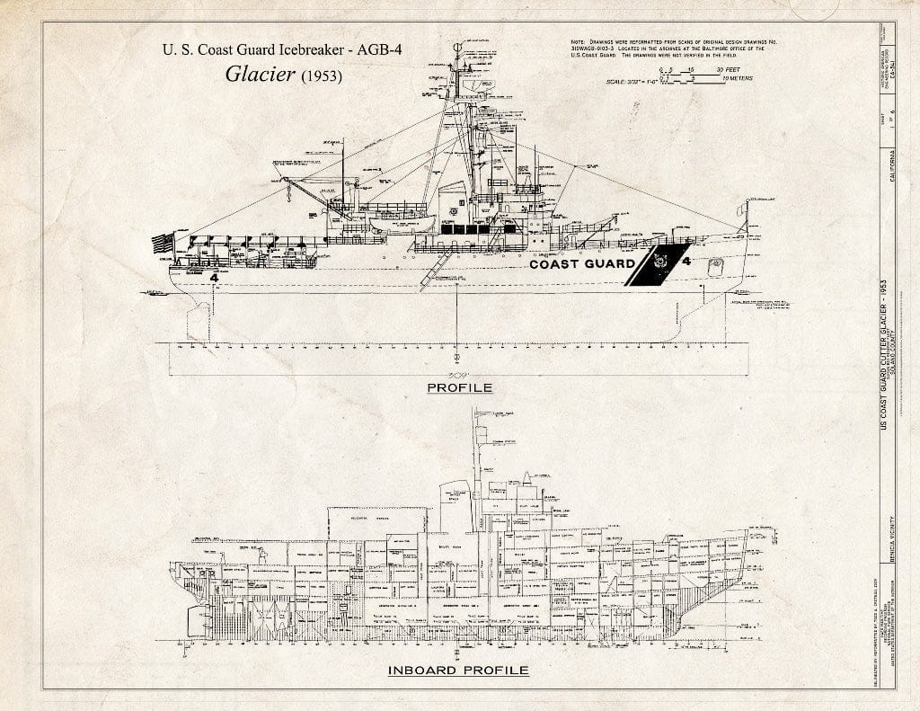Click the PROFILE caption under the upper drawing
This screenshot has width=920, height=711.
[459, 387]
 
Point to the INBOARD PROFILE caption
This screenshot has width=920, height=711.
[458, 670]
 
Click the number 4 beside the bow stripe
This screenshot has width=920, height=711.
[686, 262]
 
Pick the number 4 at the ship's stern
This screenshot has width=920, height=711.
[214, 278]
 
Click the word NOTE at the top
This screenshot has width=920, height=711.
[579, 43]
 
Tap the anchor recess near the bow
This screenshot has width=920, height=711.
[716, 267]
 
